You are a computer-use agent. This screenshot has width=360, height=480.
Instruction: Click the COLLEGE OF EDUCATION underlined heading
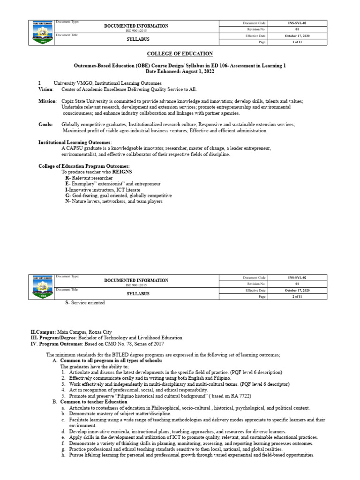[x=180, y=54]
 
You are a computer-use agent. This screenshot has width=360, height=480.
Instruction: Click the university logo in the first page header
[x=42, y=32]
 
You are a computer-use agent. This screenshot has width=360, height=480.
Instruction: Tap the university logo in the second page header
[x=42, y=287]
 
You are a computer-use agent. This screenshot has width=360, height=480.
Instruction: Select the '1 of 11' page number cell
[x=297, y=42]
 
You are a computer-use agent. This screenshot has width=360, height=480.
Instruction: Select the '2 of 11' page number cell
[x=297, y=297]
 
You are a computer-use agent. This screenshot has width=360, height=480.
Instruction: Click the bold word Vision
[x=45, y=89]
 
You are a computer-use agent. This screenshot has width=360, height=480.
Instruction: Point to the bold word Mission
[x=47, y=101]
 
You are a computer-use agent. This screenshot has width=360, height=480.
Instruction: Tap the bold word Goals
[x=45, y=125]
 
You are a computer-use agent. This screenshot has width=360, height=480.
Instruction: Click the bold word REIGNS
[x=121, y=172]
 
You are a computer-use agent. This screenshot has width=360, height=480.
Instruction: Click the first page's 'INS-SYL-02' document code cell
[x=297, y=23]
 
